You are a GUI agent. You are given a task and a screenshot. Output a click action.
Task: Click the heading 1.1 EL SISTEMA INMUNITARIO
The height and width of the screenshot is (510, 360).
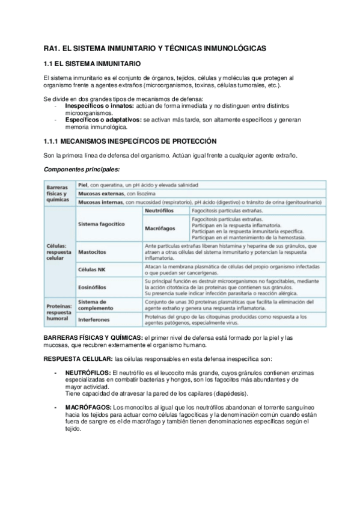[x=92, y=63]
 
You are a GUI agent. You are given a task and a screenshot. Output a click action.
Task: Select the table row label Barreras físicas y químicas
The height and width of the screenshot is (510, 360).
[x=58, y=194]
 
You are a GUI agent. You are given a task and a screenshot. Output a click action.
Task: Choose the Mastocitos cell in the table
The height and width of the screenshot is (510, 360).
[x=93, y=252]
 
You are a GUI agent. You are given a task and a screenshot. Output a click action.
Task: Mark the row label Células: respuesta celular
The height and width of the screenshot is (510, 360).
[x=58, y=251]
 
